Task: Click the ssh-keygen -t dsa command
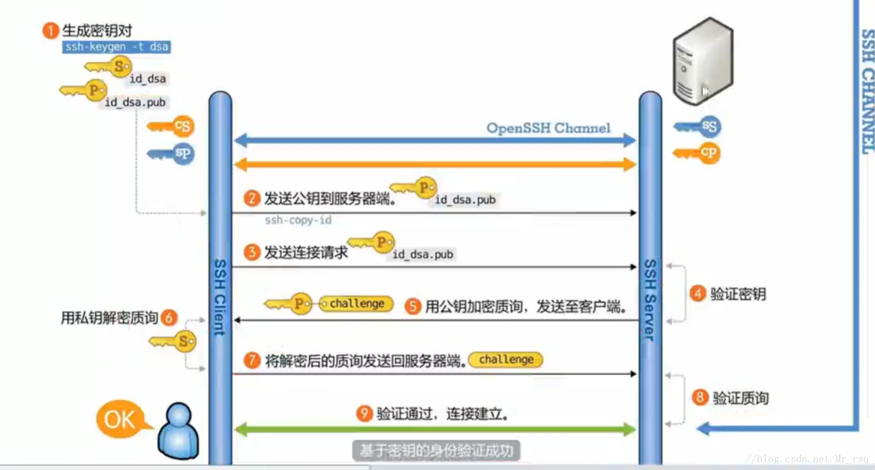tap(116, 46)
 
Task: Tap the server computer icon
tap(703, 62)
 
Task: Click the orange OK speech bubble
tap(120, 419)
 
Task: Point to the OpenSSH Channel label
tap(548, 128)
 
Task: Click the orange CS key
tap(172, 127)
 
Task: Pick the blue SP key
tap(172, 153)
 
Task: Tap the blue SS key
tap(699, 127)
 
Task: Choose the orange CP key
tap(698, 152)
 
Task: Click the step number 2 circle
tap(252, 198)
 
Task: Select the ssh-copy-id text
tap(298, 220)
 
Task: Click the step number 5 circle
tap(413, 306)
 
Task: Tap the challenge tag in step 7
tap(506, 360)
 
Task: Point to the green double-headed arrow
tap(435, 430)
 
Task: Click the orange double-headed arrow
tap(435, 165)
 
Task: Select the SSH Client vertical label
tap(220, 297)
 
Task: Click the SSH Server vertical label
tap(650, 300)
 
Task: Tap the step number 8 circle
tap(700, 398)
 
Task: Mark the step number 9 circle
tap(364, 414)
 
